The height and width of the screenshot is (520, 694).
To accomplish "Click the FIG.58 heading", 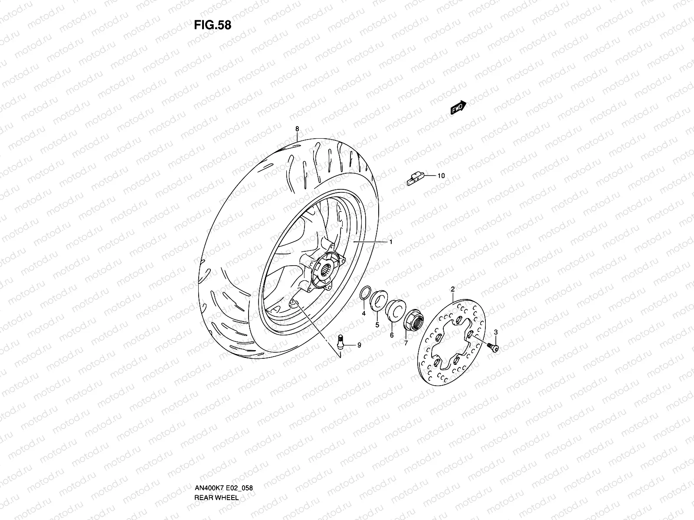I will coord(213,25).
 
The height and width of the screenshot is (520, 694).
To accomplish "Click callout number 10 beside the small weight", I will coord(441,176).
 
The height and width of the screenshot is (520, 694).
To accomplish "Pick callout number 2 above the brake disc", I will coord(452,289).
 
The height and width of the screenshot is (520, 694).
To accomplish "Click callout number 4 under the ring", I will coord(363,312).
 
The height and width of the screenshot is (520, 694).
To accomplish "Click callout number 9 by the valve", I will coord(359,345).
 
